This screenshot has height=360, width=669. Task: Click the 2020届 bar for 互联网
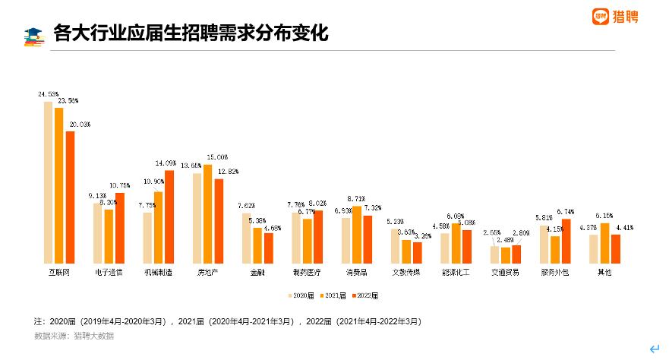coord(48,182)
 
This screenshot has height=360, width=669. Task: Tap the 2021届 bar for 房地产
coord(207,213)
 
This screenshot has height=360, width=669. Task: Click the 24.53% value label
coord(48,94)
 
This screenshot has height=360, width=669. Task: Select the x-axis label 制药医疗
coord(308,272)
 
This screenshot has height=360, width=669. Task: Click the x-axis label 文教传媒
coord(406,272)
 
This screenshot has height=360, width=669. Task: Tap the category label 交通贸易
coord(505,272)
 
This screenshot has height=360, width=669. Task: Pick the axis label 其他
coord(604,272)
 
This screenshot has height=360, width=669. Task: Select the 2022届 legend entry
coord(364,295)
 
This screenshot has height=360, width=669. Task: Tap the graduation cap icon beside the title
coord(34,35)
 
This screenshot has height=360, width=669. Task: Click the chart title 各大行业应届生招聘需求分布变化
coord(190,33)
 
